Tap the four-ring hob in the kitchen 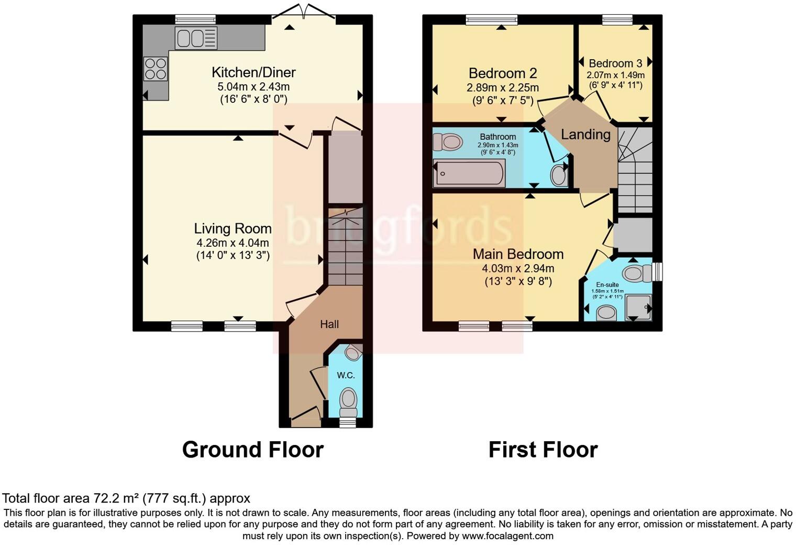156,69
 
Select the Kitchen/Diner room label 253,72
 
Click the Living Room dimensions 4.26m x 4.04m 233,243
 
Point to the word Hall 329,324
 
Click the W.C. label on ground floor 346,375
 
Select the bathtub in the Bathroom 469,173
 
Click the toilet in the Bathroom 448,141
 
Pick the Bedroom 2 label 503,73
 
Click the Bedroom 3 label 615,63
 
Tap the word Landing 585,135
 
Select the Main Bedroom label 518,254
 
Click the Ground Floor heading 252,450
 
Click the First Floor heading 543,450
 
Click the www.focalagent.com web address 507,536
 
